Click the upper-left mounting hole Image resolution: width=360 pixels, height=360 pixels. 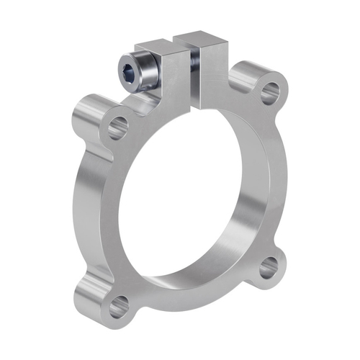coord(117,128)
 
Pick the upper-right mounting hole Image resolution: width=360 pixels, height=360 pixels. coord(269,91)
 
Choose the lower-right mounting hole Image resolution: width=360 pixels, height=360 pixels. coord(269,269)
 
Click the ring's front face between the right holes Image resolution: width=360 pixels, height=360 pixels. coord(277,180)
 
